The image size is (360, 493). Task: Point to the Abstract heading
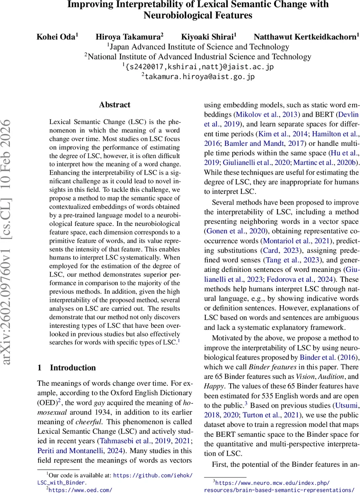point(115,105)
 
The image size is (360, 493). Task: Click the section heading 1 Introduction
point(66,368)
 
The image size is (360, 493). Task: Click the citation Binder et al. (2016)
point(330,356)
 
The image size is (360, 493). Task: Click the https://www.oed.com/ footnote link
point(80,489)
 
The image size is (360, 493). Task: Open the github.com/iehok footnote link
point(152,475)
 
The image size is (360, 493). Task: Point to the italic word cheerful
point(87,422)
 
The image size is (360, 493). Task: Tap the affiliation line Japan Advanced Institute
point(198,47)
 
